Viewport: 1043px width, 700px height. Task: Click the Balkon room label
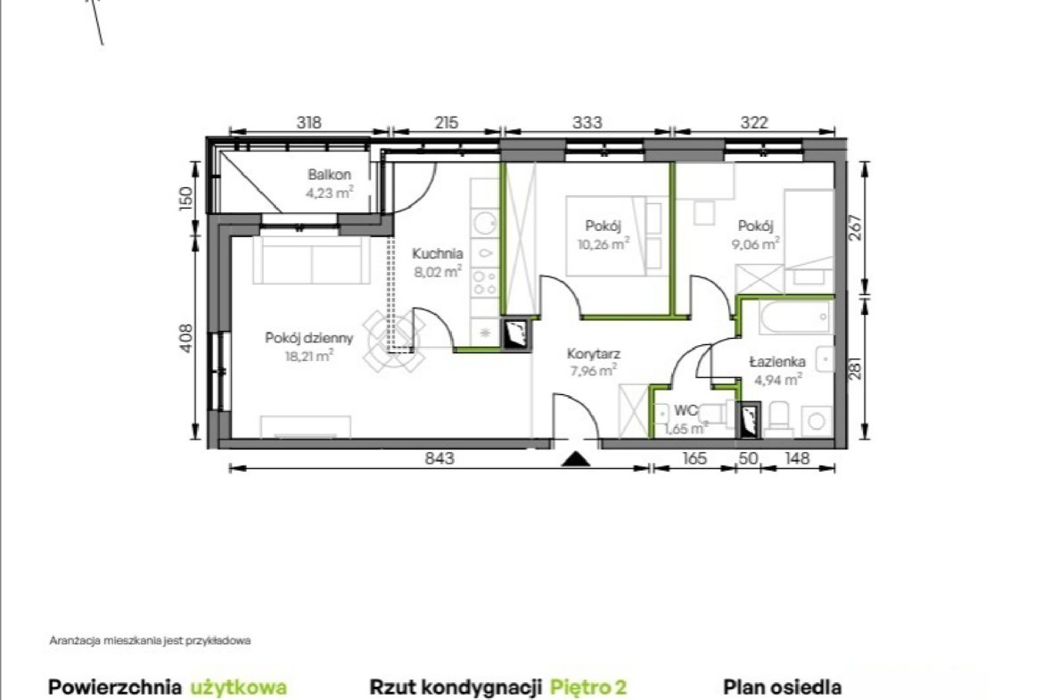click(329, 175)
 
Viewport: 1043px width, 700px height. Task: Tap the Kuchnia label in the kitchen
click(437, 253)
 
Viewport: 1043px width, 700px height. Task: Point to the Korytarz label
click(594, 354)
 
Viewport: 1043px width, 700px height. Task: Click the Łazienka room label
click(777, 362)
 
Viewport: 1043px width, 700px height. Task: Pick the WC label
click(686, 410)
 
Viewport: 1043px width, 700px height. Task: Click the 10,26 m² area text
click(604, 244)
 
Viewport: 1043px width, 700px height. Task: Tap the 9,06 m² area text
click(756, 244)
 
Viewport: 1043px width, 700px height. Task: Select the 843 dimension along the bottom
click(439, 457)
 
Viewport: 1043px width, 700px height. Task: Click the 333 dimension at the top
click(587, 122)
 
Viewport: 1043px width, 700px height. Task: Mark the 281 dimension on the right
click(855, 368)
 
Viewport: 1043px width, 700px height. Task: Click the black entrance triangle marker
click(575, 458)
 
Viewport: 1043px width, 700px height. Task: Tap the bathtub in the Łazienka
click(796, 317)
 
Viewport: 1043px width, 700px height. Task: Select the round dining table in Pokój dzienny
click(394, 341)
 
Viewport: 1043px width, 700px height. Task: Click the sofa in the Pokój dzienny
click(311, 259)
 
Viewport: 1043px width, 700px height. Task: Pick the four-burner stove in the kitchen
click(485, 282)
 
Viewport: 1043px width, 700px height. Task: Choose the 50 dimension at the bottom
click(748, 457)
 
